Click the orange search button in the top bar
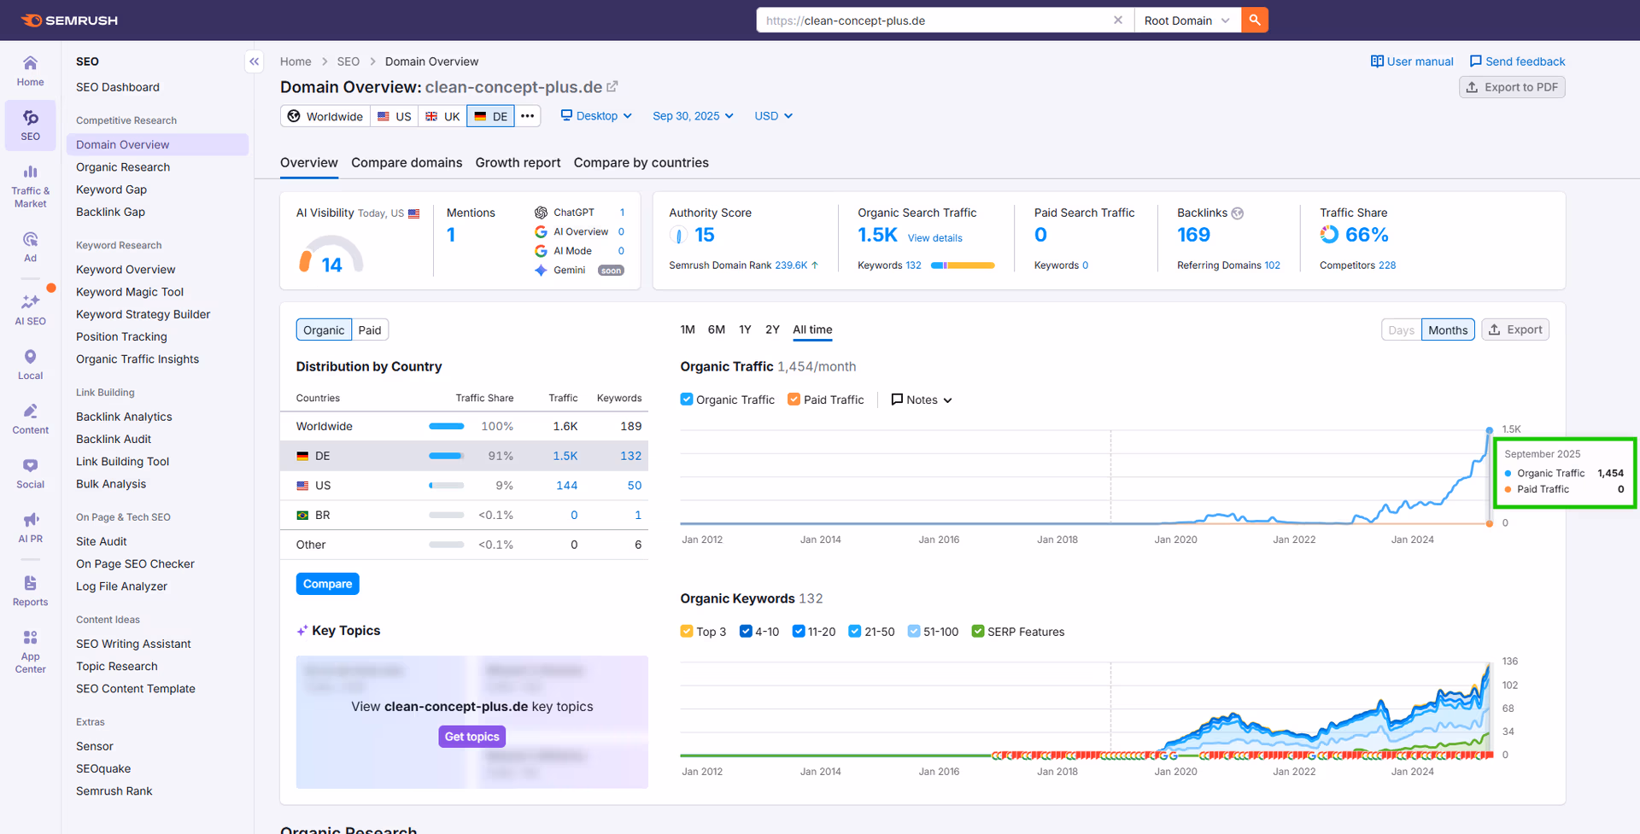click(x=1255, y=20)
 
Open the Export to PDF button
click(x=1512, y=87)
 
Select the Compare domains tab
click(x=407, y=163)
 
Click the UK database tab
click(x=442, y=117)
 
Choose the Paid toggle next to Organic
click(x=370, y=330)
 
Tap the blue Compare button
click(x=327, y=584)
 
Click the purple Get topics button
click(x=471, y=737)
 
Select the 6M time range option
click(x=716, y=330)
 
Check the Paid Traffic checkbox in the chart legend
click(x=794, y=400)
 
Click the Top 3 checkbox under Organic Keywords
click(x=687, y=632)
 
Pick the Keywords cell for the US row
click(x=634, y=486)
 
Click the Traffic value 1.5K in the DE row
click(x=565, y=456)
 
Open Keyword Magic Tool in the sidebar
click(x=130, y=292)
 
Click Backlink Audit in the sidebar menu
click(x=114, y=439)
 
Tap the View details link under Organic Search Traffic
click(x=934, y=238)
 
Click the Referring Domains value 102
click(x=1272, y=265)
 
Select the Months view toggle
click(x=1448, y=330)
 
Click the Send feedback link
click(x=1517, y=61)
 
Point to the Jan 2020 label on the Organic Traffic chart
click(x=1175, y=539)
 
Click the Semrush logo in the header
click(x=70, y=20)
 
